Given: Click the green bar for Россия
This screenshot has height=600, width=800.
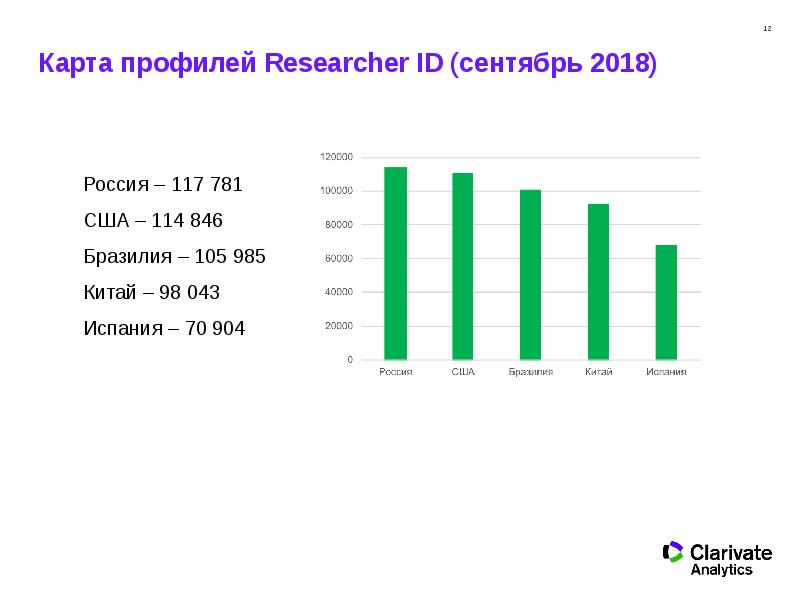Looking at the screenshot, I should click(395, 263).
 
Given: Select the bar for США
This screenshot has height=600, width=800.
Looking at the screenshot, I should click(462, 266).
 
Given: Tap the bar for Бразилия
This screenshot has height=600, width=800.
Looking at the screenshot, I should click(530, 274).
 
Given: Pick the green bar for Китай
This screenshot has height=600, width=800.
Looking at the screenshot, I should click(598, 281).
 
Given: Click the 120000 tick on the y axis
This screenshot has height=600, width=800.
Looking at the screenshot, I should click(336, 157).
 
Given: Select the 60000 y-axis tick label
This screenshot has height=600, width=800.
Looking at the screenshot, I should click(338, 258).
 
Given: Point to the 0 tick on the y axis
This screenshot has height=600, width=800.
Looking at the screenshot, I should click(349, 359).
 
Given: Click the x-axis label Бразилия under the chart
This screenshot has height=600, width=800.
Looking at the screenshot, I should click(530, 373).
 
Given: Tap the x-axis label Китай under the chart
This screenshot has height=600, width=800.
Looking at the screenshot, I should click(598, 373).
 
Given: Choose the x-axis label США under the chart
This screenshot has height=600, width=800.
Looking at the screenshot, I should click(462, 373).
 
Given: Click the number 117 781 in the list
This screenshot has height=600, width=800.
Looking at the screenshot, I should click(207, 185).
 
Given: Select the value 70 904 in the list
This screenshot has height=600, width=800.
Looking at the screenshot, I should click(215, 329).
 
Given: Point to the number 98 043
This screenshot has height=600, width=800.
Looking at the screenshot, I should click(190, 293).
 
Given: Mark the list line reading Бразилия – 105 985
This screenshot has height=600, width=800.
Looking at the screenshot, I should click(174, 257).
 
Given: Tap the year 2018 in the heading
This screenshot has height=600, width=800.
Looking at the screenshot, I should click(618, 65).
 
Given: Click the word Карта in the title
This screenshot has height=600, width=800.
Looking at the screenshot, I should click(73, 65).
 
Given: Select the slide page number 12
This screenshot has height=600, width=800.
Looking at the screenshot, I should click(767, 28).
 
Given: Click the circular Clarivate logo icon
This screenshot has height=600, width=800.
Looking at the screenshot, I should click(673, 552).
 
